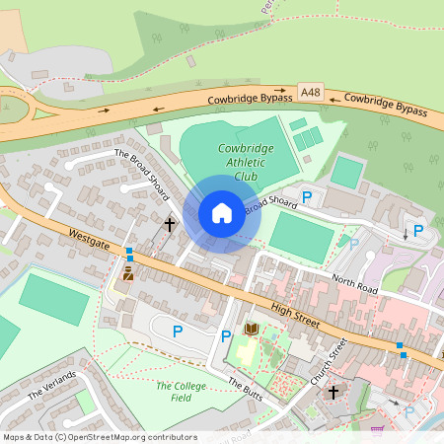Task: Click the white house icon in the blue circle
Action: pos(221,212)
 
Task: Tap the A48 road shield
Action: pos(312,93)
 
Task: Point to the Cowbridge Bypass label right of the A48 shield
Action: pos(385,106)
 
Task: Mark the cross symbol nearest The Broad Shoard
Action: pos(169,225)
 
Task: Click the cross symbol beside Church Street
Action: pos(333,393)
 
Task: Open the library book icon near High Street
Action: pos(251,329)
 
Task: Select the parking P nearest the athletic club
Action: pos(306,197)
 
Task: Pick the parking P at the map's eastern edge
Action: pos(418,231)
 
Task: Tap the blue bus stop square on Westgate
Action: pos(128,253)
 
